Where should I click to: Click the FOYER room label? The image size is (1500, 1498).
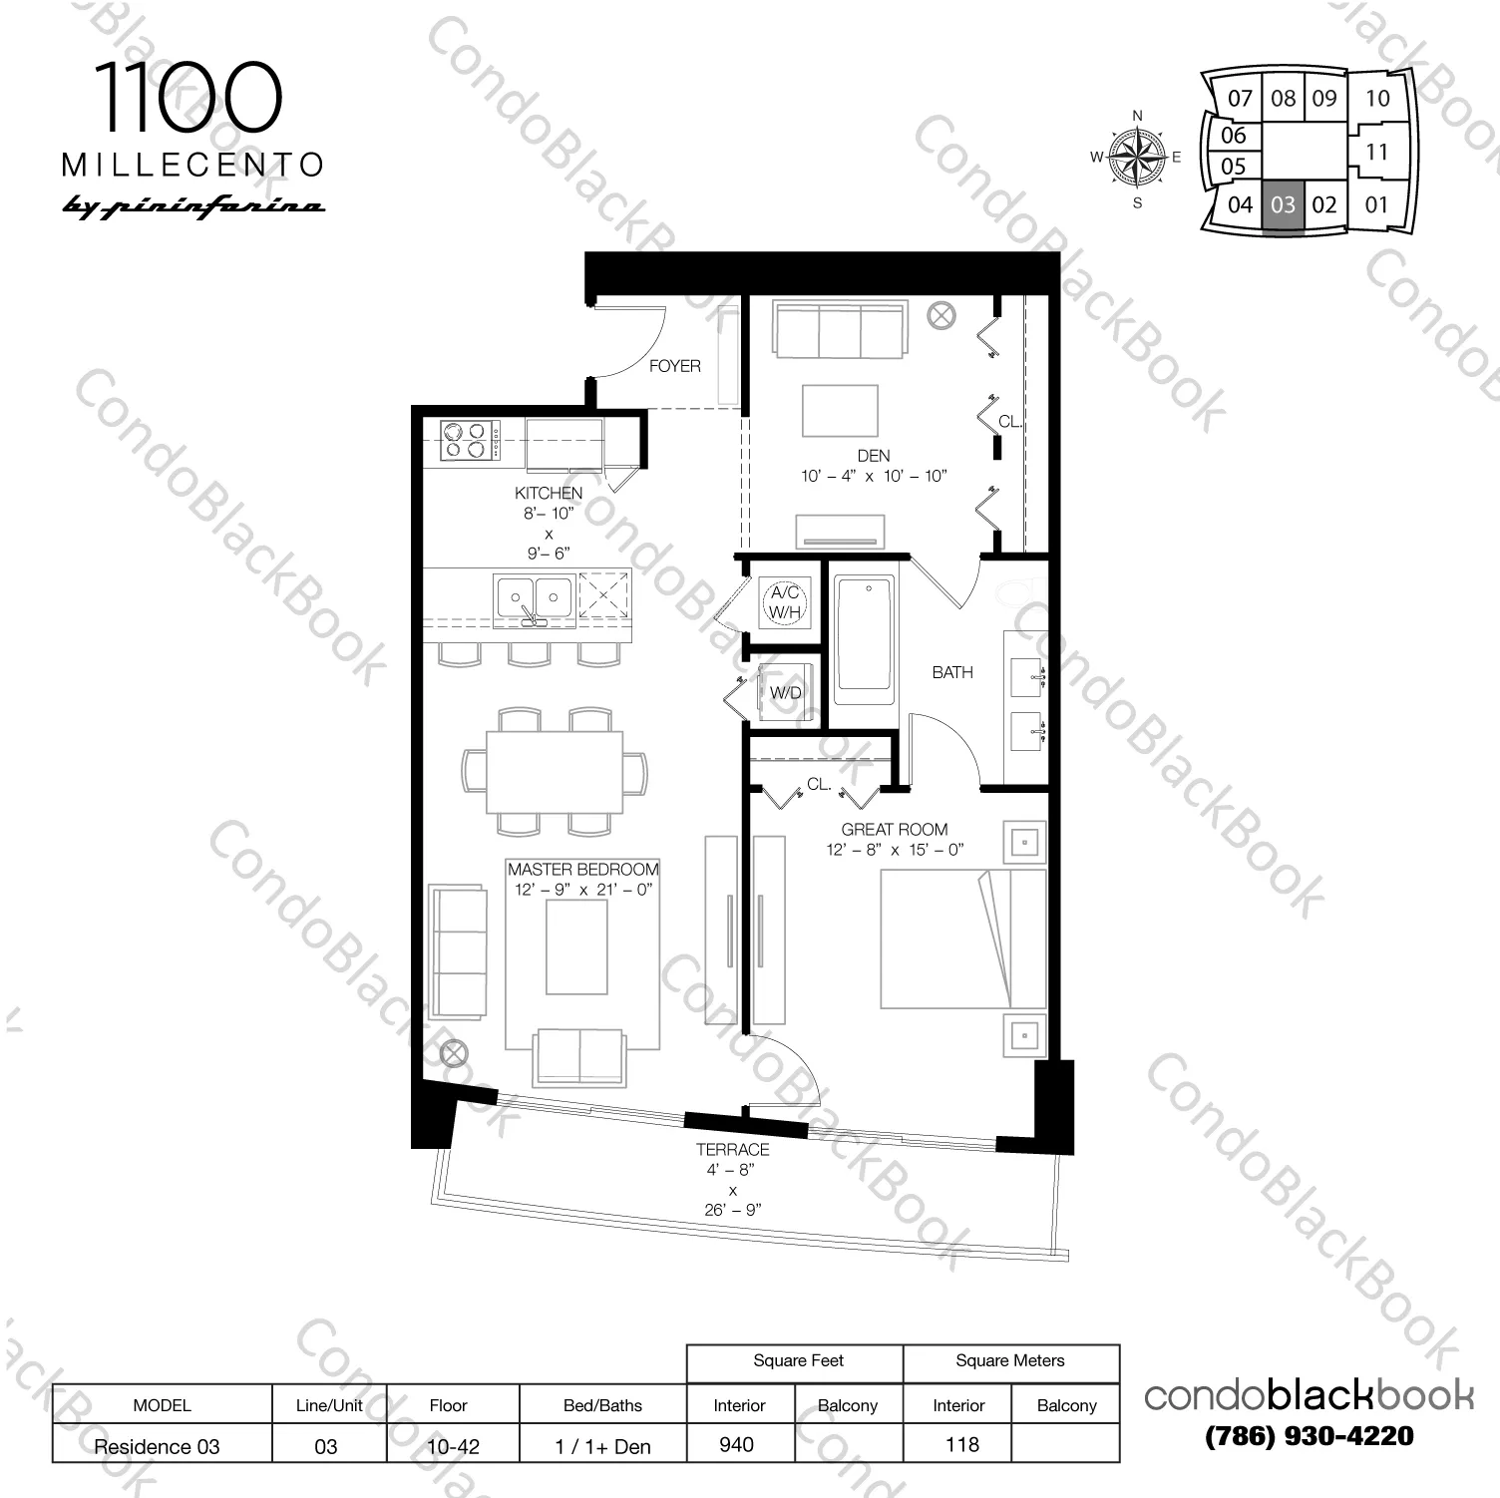[674, 366]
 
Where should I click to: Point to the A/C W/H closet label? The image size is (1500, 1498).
[785, 602]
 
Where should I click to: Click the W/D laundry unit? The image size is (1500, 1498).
[785, 692]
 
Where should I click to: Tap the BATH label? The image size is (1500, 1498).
[951, 672]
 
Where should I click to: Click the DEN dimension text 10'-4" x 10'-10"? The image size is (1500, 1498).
[873, 477]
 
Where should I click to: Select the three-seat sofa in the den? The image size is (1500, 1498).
[840, 329]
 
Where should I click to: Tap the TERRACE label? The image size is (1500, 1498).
[732, 1149]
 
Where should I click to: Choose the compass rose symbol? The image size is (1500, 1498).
[1138, 159]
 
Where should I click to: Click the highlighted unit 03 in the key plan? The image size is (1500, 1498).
[1283, 205]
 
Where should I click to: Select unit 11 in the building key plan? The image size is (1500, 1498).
[1376, 153]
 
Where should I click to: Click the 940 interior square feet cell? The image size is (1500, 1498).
[737, 1444]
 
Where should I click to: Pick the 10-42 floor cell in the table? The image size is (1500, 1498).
[454, 1446]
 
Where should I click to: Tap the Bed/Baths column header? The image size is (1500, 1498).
[602, 1405]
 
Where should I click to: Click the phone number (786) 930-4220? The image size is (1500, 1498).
[1309, 1436]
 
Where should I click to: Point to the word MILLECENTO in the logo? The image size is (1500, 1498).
[193, 165]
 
